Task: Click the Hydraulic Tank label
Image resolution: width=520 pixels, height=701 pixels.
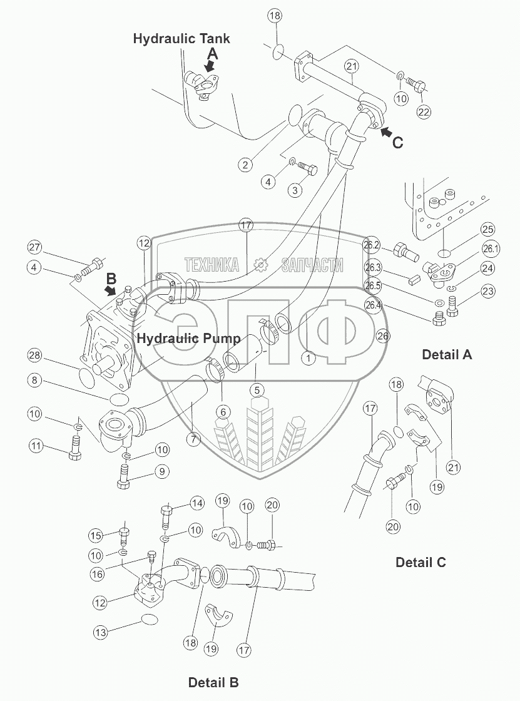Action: [x=181, y=39]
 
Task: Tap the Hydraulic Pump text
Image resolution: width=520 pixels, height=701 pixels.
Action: [x=189, y=339]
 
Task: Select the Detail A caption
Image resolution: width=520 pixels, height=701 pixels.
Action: [x=446, y=355]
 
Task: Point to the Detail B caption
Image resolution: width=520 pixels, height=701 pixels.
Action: [x=213, y=682]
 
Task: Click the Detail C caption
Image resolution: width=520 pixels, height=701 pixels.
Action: [x=421, y=562]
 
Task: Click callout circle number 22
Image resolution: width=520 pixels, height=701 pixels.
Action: [x=424, y=113]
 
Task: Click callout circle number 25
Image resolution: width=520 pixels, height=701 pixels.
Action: [x=487, y=230]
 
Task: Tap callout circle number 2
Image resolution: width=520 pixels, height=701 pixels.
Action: [x=245, y=165]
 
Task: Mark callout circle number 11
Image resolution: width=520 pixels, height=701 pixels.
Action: [x=37, y=446]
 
